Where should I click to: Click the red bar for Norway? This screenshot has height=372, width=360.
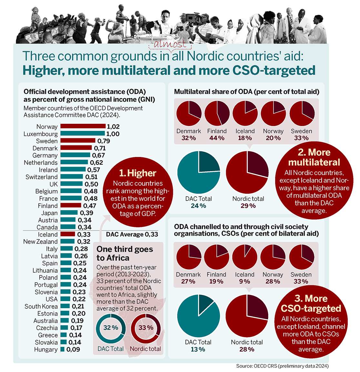(x=83, y=126)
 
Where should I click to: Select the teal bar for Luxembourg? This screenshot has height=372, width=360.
(x=83, y=133)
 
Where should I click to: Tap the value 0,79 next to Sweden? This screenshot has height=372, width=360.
(x=104, y=141)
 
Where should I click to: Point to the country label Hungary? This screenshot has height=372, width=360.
(x=46, y=349)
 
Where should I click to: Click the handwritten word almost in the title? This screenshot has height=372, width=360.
(x=170, y=44)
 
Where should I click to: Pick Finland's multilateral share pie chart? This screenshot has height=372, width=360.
(x=217, y=113)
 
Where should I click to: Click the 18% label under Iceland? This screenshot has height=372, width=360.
(x=245, y=138)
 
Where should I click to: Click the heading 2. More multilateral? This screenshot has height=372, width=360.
(x=314, y=157)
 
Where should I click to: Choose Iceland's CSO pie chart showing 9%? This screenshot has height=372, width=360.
(x=245, y=257)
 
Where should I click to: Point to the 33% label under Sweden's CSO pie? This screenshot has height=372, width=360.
(x=301, y=281)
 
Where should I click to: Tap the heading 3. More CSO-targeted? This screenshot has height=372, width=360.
(x=311, y=304)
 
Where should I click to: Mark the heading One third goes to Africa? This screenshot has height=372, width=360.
(x=125, y=253)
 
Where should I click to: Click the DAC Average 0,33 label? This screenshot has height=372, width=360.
(x=132, y=234)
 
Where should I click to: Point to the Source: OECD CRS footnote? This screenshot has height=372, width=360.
(x=282, y=366)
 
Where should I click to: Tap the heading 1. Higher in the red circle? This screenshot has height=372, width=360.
(x=138, y=173)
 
